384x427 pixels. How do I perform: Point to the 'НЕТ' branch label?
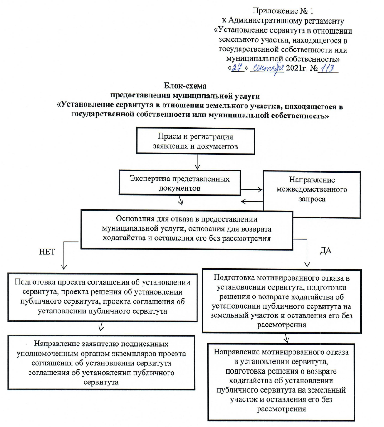(47, 253)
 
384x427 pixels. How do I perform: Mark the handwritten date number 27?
(236, 68)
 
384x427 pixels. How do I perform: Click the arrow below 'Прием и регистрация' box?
(196, 163)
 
